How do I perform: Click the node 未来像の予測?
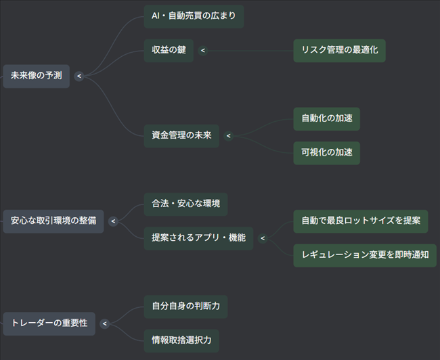pyautogui.click(x=36, y=76)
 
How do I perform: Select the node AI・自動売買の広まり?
pyautogui.click(x=194, y=16)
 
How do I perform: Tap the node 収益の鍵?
pyautogui.click(x=169, y=51)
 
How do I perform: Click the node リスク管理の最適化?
pyautogui.click(x=339, y=51)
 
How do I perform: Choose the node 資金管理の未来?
pyautogui.click(x=181, y=135)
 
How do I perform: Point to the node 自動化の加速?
pyautogui.click(x=327, y=118)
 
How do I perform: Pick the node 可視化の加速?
pyautogui.click(x=327, y=153)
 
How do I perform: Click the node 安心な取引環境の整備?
pyautogui.click(x=53, y=221)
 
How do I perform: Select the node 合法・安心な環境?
pyautogui.click(x=185, y=204)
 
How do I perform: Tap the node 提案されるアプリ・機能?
pyautogui.click(x=198, y=238)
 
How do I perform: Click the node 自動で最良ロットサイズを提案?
pyautogui.click(x=361, y=221)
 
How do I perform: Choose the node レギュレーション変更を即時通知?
pyautogui.click(x=365, y=255)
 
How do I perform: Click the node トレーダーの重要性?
pyautogui.click(x=49, y=323)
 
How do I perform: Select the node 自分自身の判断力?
pyautogui.click(x=185, y=306)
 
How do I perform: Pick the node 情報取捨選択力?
pyautogui.click(x=181, y=340)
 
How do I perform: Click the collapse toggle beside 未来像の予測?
pyautogui.click(x=79, y=76)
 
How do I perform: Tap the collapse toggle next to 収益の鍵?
pyautogui.click(x=203, y=51)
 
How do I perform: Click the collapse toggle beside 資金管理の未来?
pyautogui.click(x=229, y=135)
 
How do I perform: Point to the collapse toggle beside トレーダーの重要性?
pyautogui.click(x=104, y=323)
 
